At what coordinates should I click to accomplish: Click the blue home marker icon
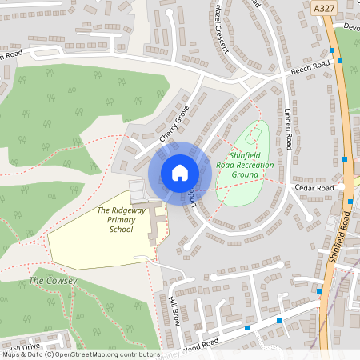tap(180, 172)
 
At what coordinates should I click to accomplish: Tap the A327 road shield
tap(324, 6)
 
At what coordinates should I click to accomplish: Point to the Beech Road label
tap(310, 66)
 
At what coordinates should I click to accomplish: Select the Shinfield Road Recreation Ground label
tap(251, 165)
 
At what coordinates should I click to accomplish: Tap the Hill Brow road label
tap(174, 306)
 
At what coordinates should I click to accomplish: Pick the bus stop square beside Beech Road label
tap(340, 61)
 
